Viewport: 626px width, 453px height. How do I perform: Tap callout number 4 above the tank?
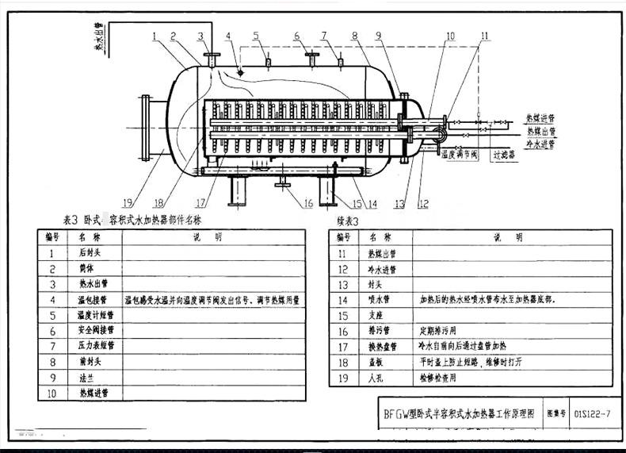click(x=228, y=36)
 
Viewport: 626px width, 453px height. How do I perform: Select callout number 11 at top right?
click(x=485, y=36)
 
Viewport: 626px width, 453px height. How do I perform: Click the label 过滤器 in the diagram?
click(x=504, y=155)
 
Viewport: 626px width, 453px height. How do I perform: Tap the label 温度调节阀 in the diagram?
click(x=460, y=155)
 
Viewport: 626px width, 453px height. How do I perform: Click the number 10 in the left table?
click(x=52, y=392)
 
